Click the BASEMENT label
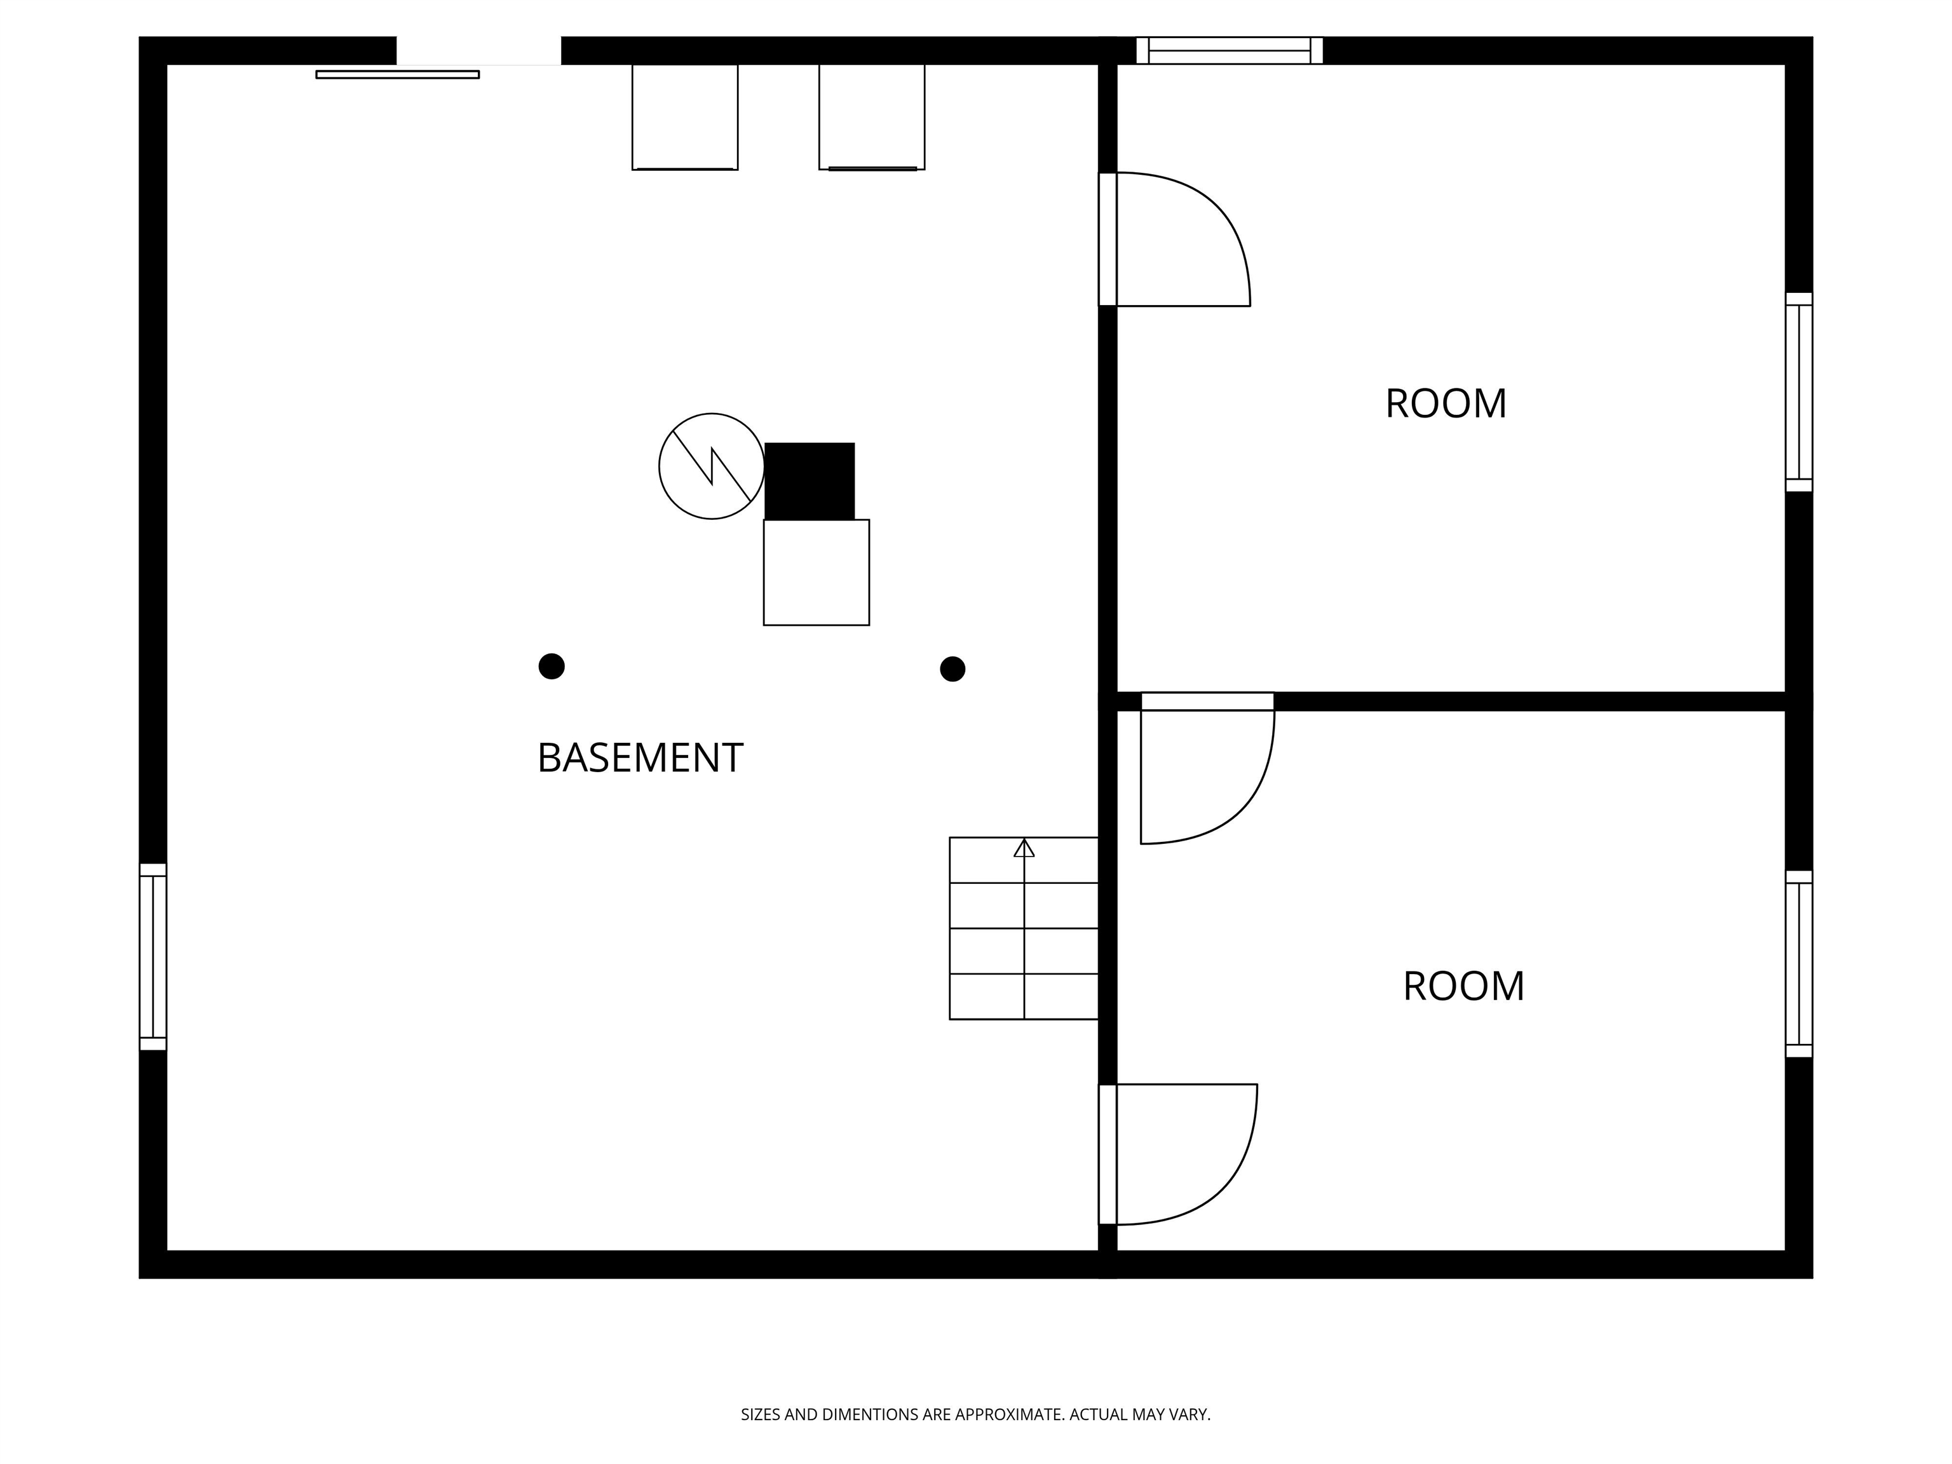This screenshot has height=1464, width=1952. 640,758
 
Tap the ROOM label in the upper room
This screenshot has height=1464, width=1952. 1446,404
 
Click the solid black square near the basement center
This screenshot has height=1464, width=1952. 810,481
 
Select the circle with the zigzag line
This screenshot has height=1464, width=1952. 711,466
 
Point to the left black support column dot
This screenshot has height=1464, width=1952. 552,667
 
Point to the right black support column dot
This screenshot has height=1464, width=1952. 952,669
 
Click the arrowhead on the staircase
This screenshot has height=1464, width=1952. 1024,848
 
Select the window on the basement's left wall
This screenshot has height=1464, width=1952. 152,956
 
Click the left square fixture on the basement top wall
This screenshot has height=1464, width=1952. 685,116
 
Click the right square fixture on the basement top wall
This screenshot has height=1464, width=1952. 872,116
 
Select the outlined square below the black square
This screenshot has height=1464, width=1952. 817,573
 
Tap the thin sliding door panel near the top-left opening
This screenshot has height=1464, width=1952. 397,75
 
